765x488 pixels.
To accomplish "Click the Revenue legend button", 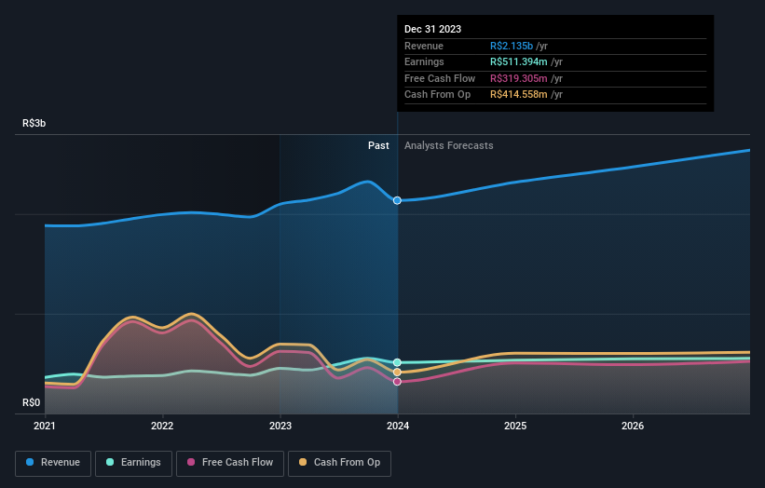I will [x=53, y=462].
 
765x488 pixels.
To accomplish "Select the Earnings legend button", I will [x=133, y=462].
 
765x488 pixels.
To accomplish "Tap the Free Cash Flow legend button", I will [x=230, y=462].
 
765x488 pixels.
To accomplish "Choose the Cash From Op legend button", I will [x=341, y=462].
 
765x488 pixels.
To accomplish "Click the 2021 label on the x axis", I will [x=45, y=427].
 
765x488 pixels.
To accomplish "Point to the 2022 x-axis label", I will [x=162, y=427].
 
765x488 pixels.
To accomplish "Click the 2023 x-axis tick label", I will [x=280, y=427].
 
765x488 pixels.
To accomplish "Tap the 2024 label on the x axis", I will [x=398, y=427].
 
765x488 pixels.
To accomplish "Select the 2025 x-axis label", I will [x=515, y=427].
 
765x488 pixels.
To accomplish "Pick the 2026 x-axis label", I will [x=633, y=427].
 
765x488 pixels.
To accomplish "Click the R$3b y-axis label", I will [x=35, y=123].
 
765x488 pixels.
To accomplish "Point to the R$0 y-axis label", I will [x=33, y=402].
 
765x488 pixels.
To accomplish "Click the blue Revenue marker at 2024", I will [x=398, y=200].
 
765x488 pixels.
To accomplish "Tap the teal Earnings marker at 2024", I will [x=398, y=362].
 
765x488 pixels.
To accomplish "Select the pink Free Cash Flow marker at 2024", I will [x=398, y=381].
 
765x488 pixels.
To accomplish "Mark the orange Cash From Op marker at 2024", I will [x=398, y=372].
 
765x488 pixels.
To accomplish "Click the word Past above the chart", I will [x=378, y=145].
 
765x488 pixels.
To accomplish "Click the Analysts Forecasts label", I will [x=448, y=145].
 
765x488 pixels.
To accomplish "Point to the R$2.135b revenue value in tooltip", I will [x=512, y=46].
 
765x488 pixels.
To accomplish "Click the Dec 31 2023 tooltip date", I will [x=432, y=29].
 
